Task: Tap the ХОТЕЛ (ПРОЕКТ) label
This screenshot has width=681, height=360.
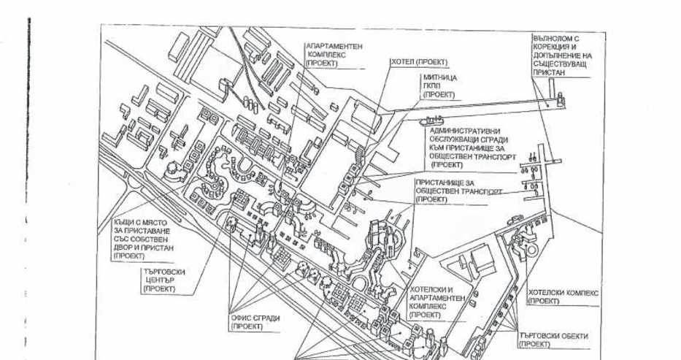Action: [x=419, y=63]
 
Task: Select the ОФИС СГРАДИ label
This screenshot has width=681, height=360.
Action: [x=255, y=322]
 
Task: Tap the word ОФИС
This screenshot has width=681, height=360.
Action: [x=241, y=318]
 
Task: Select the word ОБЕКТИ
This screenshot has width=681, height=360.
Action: [x=572, y=336]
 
